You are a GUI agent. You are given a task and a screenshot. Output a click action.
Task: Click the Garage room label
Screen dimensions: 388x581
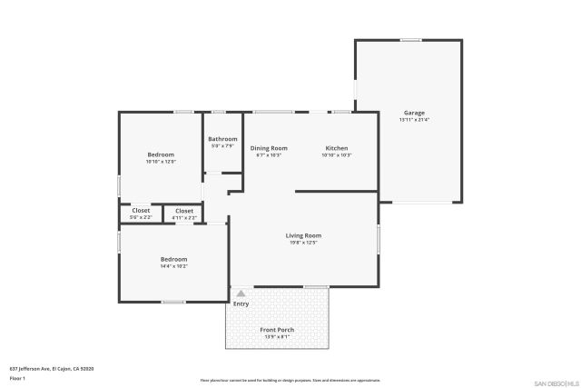tap(414, 113)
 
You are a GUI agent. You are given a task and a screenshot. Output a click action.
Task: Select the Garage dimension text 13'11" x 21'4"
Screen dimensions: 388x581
tap(414, 120)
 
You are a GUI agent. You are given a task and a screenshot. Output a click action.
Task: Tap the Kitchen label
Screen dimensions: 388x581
tap(337, 148)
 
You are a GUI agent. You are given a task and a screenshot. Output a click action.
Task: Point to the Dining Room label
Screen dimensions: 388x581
tap(269, 148)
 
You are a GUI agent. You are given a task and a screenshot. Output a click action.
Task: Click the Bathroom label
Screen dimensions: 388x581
tap(222, 139)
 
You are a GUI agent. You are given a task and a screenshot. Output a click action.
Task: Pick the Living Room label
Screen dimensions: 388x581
tap(303, 235)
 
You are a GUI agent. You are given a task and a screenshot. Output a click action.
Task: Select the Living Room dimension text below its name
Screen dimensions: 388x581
tap(303, 243)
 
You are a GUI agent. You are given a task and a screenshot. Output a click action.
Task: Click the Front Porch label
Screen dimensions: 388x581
tap(277, 329)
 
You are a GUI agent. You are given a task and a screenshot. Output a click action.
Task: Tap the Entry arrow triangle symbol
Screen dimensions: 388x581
tap(241, 293)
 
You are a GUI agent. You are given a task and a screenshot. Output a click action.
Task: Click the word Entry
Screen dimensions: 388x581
tap(241, 303)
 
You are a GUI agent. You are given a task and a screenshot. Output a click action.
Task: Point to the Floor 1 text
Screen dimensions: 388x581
tap(18, 377)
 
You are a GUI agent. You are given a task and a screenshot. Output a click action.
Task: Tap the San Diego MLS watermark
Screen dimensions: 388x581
tap(556, 383)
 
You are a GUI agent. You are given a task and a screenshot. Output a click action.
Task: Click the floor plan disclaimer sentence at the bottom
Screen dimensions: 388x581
tap(290, 380)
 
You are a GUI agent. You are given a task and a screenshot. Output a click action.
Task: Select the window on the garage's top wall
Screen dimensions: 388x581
tap(410, 39)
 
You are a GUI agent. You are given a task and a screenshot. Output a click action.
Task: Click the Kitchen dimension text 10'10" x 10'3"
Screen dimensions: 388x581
tap(336, 155)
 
